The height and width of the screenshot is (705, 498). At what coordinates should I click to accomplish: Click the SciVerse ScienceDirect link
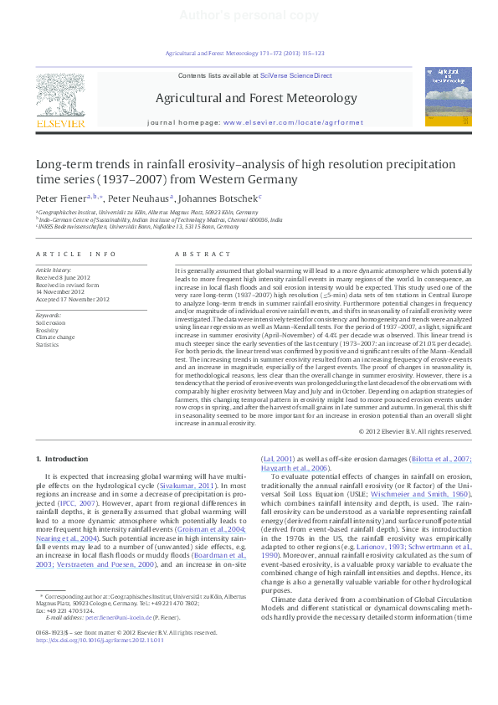296,75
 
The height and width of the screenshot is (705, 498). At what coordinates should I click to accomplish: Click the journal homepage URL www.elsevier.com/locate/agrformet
293,122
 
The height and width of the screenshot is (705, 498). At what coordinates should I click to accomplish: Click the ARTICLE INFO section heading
75,254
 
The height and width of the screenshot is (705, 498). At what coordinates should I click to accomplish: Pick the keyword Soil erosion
50,322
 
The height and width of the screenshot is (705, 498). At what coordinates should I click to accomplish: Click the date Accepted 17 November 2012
72,299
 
